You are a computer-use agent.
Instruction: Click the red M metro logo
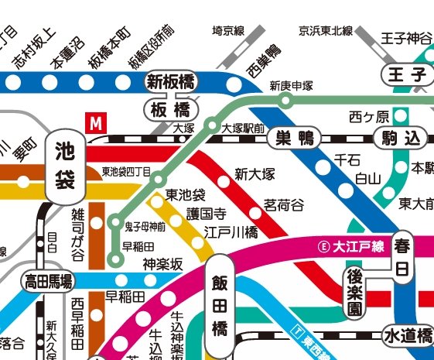pos(96,122)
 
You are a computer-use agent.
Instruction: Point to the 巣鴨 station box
pos(295,139)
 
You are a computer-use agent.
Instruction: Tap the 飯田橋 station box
pos(219,305)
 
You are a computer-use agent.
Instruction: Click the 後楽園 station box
pos(354,292)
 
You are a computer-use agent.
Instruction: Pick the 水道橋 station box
pos(407,335)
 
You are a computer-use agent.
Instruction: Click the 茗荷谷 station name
pos(284,204)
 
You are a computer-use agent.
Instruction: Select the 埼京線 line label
pos(228,31)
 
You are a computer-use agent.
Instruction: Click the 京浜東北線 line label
pos(325,31)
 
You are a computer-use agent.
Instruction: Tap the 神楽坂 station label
pos(162,265)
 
